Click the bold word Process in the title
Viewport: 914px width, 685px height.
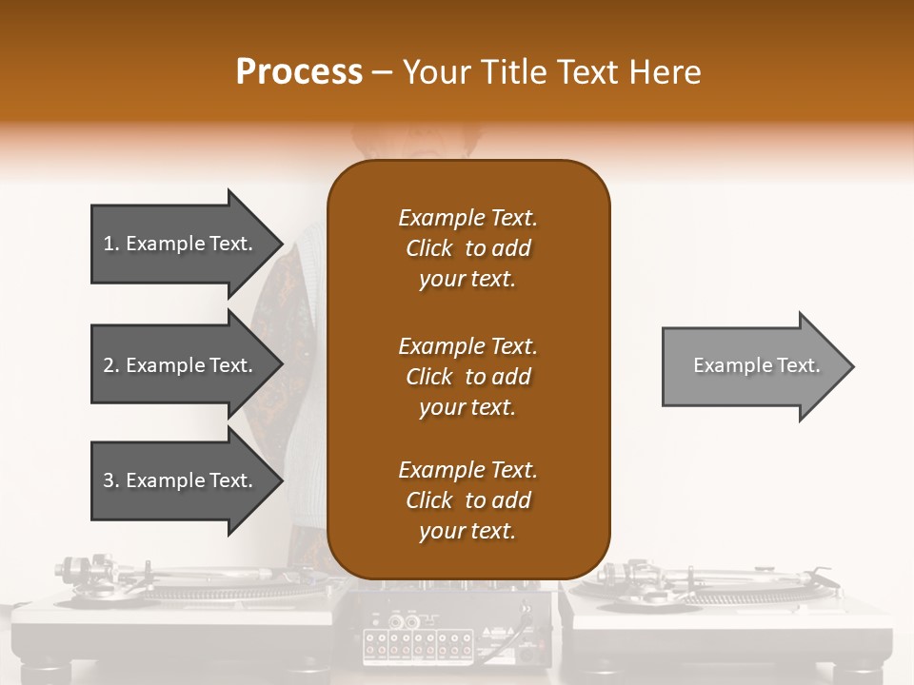click(x=299, y=72)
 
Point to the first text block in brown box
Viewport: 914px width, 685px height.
click(x=468, y=248)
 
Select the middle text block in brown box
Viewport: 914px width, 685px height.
click(x=468, y=377)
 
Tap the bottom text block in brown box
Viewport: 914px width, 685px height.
click(x=468, y=500)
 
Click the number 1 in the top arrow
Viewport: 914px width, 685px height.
click(x=109, y=244)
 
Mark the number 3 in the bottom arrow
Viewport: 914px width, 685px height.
click(x=109, y=480)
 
